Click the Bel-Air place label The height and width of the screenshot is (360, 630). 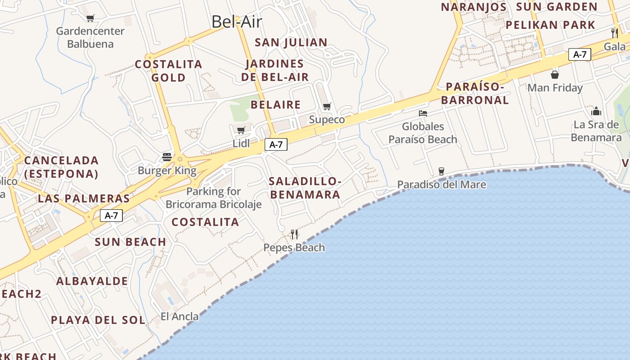pos(237,22)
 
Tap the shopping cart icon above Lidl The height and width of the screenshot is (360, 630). pos(241,130)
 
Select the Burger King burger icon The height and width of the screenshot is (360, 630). pos(167,157)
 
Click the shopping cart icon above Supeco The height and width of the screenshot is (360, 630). pos(327,107)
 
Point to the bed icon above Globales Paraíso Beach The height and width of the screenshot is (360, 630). pos(423,113)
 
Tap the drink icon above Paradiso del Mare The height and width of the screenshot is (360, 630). pos(441,171)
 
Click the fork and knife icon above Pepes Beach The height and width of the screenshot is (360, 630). pos(294,234)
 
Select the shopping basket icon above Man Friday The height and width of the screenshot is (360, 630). pos(555,75)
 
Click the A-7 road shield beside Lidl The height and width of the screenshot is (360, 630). pos(276,144)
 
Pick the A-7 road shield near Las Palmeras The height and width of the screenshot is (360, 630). pos(111,216)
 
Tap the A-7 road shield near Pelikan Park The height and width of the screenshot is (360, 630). pos(580,54)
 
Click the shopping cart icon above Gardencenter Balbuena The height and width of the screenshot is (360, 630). pos(90,18)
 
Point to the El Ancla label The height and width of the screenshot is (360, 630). pos(180,316)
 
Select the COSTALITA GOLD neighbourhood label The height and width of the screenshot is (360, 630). pos(169,71)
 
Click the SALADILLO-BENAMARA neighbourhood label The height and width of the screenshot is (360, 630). pos(305,188)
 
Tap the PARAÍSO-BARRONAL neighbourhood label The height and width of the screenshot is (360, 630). pos(475,93)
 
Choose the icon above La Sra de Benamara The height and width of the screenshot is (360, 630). pos(596,111)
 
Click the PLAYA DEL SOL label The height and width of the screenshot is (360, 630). pos(98,320)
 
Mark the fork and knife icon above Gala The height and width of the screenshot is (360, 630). pos(614,32)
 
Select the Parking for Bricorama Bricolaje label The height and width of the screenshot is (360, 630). pos(214,198)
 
